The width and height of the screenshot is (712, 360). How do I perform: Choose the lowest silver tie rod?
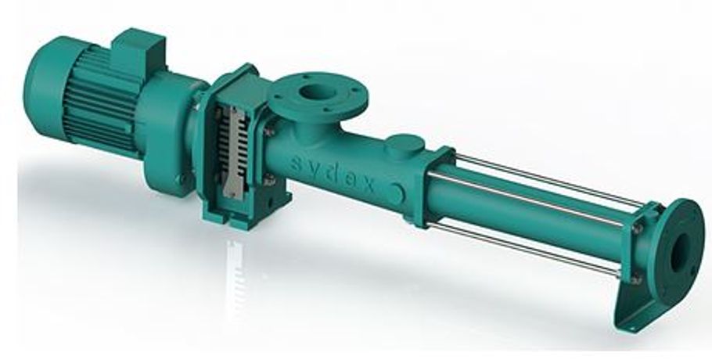tap(532, 247)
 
